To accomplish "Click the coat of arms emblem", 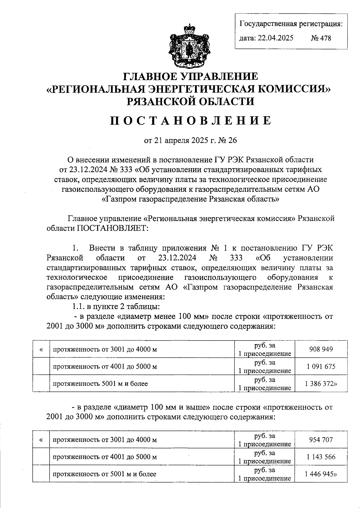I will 189,46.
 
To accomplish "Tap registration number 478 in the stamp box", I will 321,38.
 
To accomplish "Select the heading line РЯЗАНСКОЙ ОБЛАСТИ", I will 190,101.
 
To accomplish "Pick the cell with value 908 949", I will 321,349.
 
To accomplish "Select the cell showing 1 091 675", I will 321,366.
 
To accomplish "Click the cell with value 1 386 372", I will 321,383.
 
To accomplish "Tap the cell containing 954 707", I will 321,440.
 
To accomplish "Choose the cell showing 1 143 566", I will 321,457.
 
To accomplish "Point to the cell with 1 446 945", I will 321,474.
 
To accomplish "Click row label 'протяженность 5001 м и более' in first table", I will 100,384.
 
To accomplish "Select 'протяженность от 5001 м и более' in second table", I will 104,474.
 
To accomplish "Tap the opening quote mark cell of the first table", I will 41,349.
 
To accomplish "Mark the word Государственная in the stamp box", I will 267,24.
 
